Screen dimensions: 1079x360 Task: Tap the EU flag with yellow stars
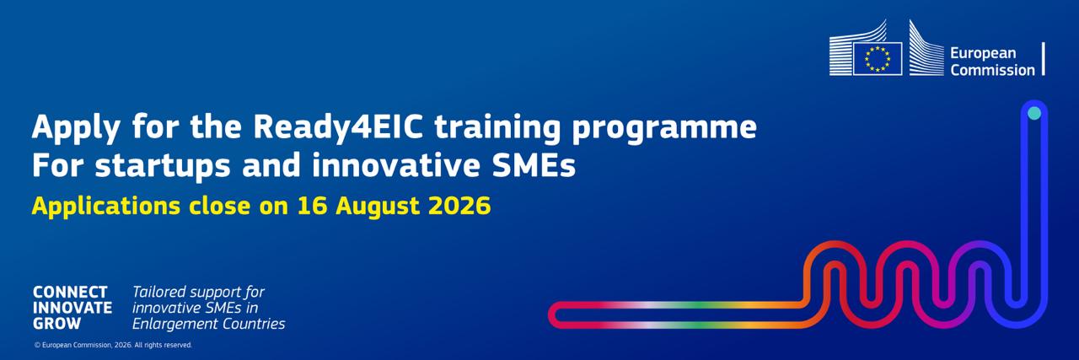878,59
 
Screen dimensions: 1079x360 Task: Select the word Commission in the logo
992,70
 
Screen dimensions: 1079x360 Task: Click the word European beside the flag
983,53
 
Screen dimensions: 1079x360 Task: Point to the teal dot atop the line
1034,113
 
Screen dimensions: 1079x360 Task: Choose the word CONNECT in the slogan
70,292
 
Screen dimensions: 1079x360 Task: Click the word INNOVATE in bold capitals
72,308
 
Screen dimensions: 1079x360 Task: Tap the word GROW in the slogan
56,324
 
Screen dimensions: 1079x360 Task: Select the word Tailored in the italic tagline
159,292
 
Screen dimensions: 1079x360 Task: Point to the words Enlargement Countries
208,324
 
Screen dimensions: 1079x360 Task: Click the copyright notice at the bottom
113,345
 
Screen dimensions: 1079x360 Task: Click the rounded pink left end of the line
554,315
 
